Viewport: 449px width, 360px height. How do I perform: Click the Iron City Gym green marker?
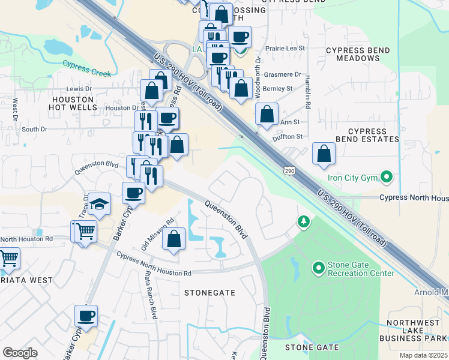(387, 177)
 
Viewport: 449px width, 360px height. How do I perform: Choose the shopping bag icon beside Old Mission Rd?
(173, 238)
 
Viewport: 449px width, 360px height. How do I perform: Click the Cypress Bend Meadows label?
(353, 53)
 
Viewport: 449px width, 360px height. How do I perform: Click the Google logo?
(20, 353)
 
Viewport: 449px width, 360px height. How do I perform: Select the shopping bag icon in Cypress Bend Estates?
(324, 154)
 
